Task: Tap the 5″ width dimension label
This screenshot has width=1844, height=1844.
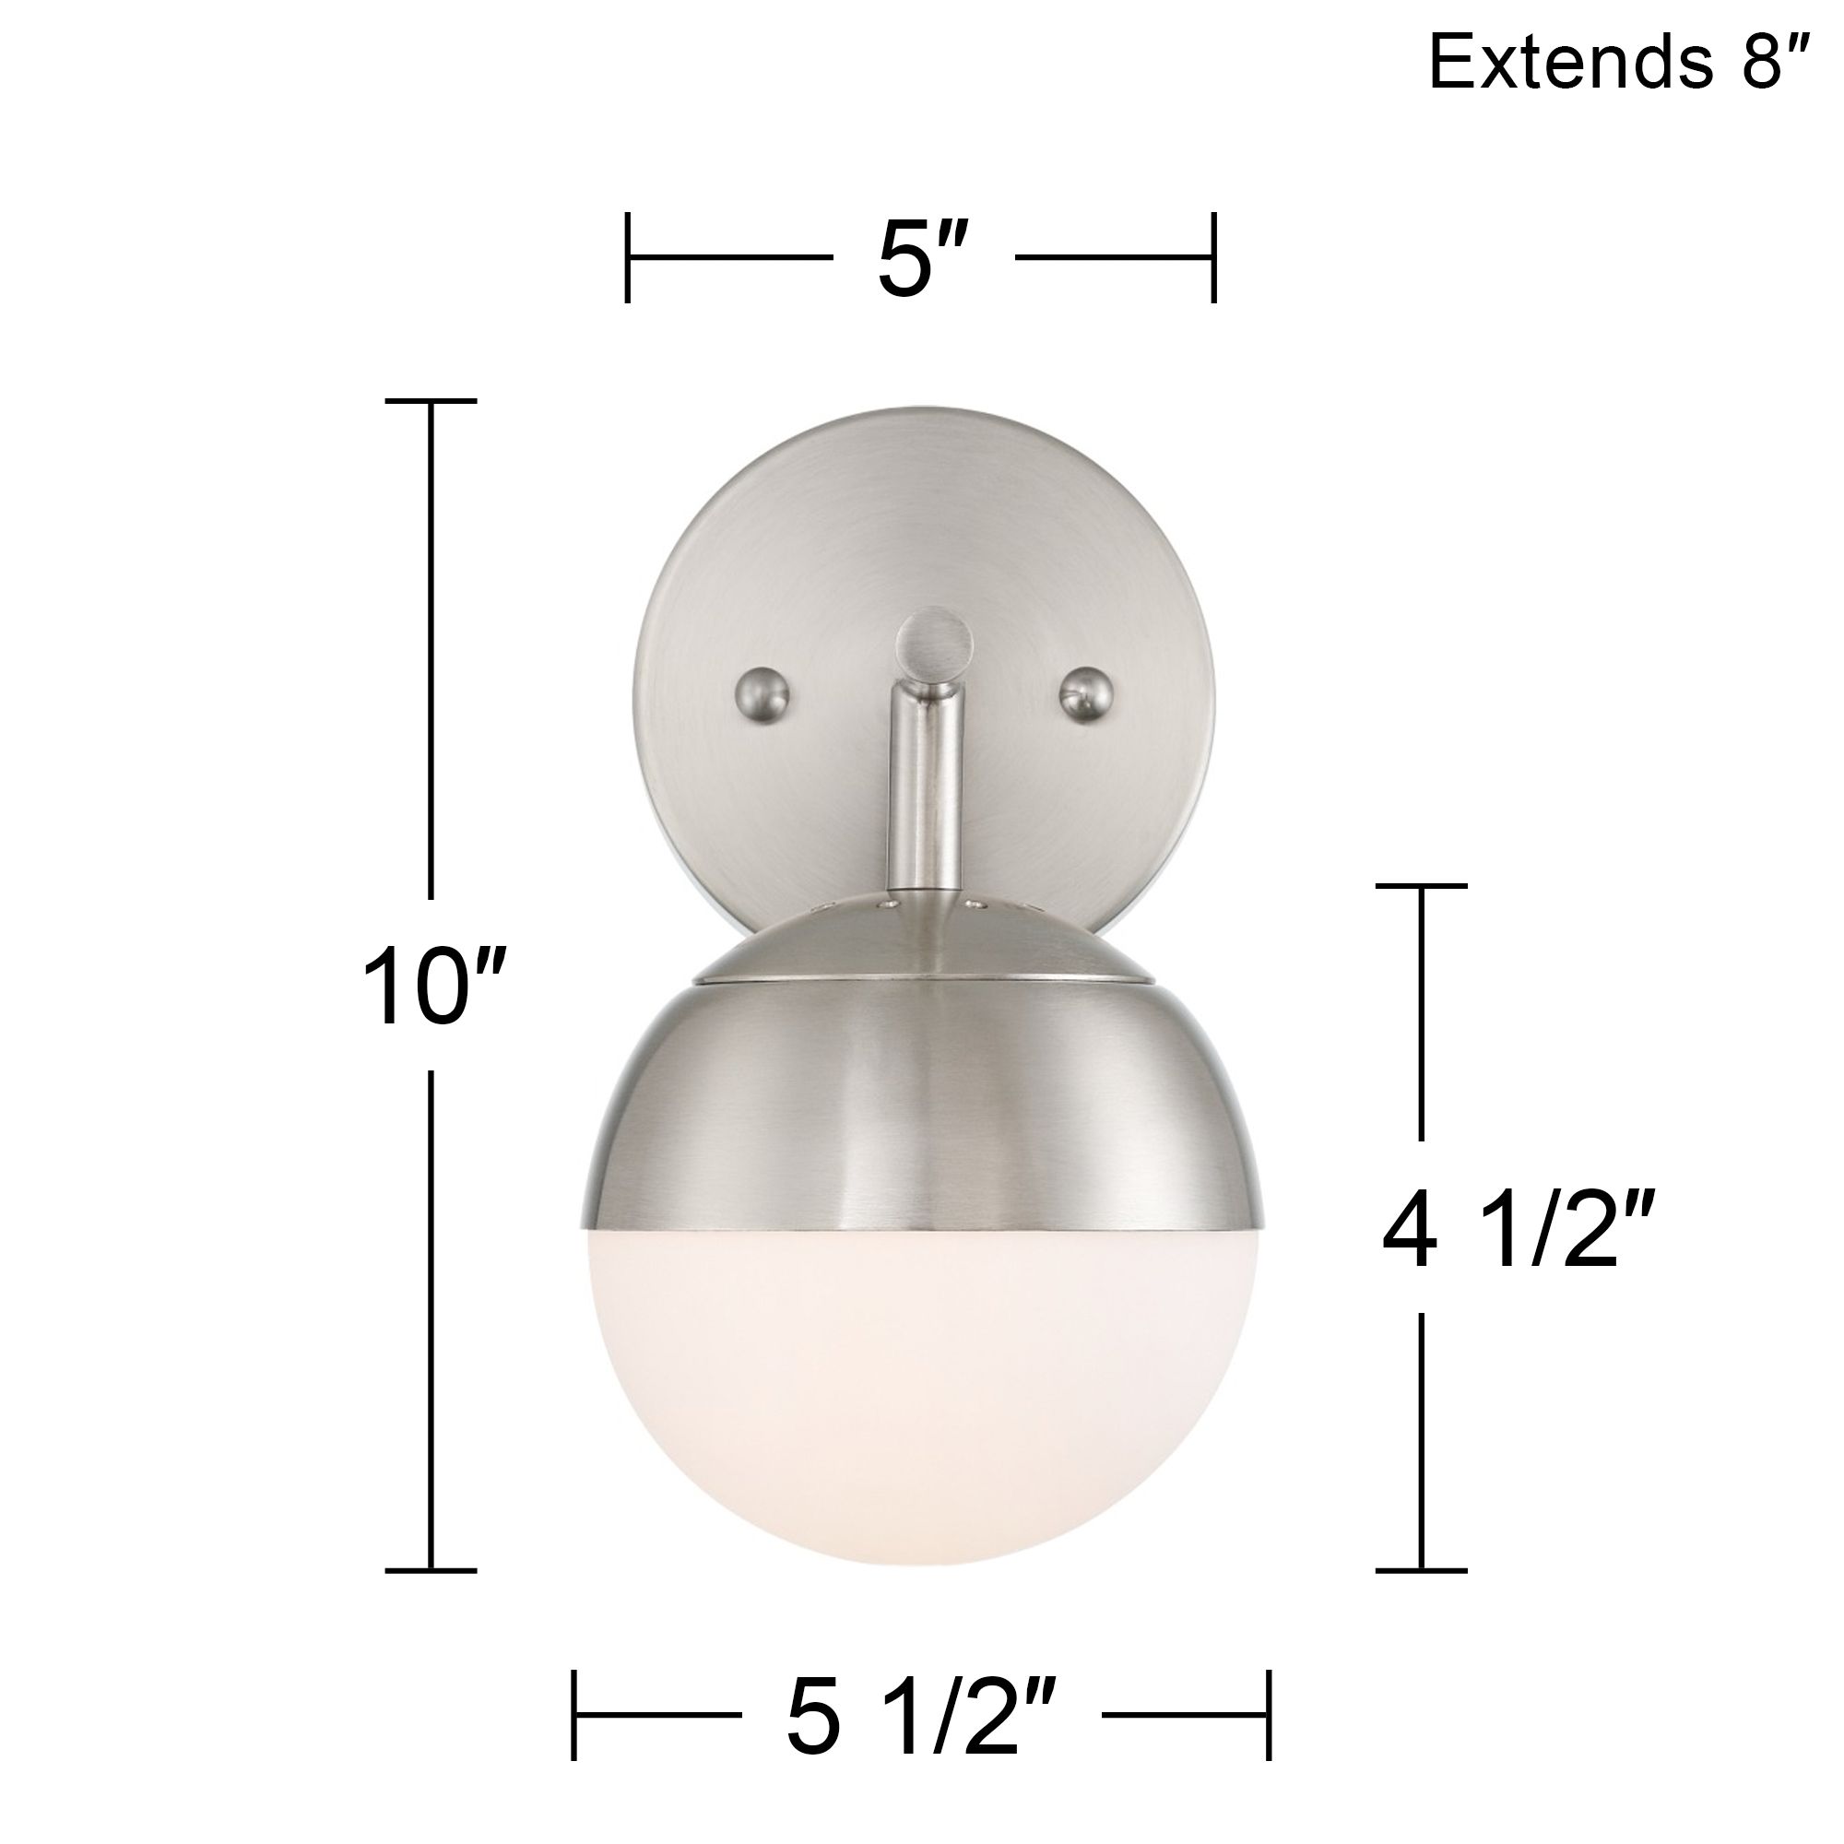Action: pyautogui.click(x=917, y=259)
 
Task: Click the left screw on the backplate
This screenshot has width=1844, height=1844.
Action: pyautogui.click(x=764, y=688)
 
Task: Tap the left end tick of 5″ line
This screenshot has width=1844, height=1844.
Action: pyautogui.click(x=627, y=258)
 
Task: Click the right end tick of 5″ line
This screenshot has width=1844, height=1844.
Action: pyautogui.click(x=1213, y=258)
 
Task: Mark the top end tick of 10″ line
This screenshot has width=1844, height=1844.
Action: pyautogui.click(x=431, y=402)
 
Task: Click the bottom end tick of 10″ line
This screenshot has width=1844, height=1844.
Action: pyautogui.click(x=431, y=1569)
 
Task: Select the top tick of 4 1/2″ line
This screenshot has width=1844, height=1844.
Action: pyautogui.click(x=1421, y=886)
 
